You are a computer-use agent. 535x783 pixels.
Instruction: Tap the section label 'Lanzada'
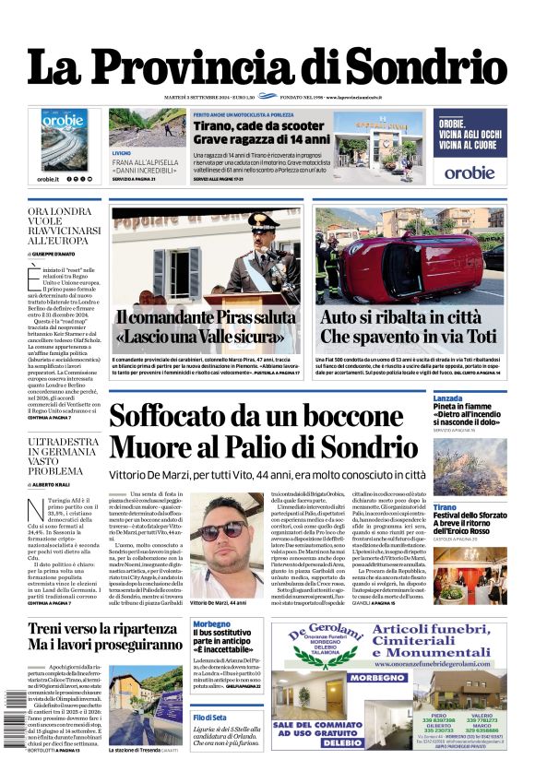point(448,398)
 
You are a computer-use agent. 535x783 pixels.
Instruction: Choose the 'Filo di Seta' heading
point(210,717)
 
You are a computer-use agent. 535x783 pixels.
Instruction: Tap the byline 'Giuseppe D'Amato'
point(55,252)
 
